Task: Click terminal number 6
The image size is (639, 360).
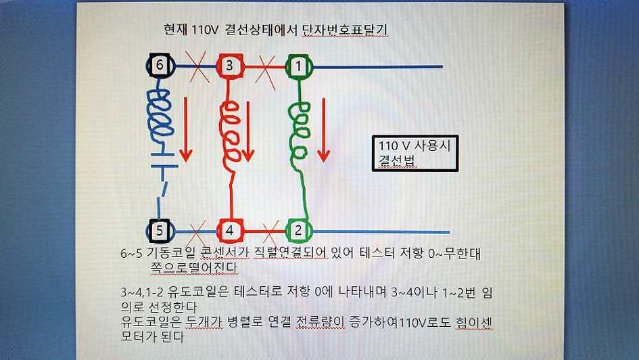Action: pos(160,65)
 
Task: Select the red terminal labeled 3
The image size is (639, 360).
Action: pos(229,65)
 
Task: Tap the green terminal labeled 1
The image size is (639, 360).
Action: pos(299,66)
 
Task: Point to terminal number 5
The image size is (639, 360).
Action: pos(160,230)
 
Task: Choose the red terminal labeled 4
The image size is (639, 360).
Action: pos(230,230)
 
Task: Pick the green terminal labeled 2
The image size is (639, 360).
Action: pos(299,230)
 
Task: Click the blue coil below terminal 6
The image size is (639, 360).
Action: pos(160,113)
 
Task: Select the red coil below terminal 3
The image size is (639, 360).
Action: pos(230,133)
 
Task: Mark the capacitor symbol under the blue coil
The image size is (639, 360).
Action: pos(164,160)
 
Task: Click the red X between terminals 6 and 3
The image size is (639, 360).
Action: pos(197,67)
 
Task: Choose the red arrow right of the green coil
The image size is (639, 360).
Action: pos(324,130)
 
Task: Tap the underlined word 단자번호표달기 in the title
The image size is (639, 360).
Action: pos(345,30)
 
